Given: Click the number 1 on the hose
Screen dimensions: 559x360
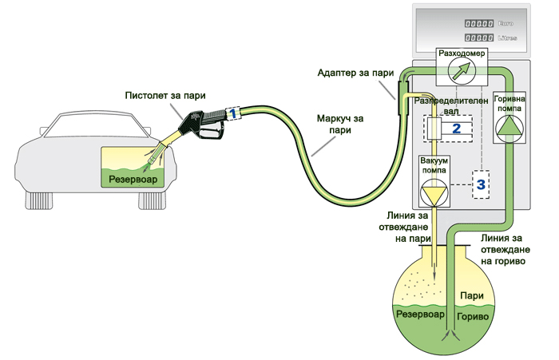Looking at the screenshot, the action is [232, 113].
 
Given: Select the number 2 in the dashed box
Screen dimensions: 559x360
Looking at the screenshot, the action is [456, 129].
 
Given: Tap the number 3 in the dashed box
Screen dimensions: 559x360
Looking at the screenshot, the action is [481, 184].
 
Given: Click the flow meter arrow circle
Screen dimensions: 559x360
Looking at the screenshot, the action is [462, 70].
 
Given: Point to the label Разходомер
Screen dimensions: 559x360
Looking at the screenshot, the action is [462, 53].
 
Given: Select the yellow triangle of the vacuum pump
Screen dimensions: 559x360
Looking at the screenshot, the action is [434, 194].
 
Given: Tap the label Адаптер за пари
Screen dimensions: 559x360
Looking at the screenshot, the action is [355, 73].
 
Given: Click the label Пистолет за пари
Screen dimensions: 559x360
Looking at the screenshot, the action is [165, 96].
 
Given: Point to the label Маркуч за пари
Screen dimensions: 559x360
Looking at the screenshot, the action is [340, 124].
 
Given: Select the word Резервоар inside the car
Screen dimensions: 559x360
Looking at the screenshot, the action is [133, 179].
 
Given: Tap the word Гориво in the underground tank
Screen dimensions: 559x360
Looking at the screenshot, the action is [473, 317].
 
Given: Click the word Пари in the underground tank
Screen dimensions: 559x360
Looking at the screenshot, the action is [472, 296].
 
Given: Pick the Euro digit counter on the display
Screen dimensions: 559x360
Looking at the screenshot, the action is [479, 23].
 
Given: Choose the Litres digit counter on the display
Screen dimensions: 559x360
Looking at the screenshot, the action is [479, 38].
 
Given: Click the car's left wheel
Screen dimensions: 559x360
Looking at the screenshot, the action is [39, 200].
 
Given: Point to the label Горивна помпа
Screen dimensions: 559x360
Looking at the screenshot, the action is [509, 103].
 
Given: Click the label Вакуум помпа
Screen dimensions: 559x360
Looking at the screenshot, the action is [434, 165].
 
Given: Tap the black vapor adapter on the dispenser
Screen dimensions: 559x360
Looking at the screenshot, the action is [402, 97].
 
